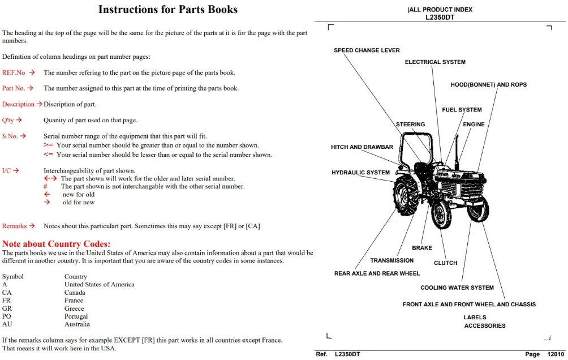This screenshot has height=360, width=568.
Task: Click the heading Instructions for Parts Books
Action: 168,10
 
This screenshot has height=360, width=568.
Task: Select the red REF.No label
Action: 14,72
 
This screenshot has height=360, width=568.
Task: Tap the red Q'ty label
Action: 8,121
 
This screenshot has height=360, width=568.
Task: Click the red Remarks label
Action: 15,226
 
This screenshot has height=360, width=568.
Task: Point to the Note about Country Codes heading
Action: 56,243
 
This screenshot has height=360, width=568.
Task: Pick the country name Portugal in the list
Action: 76,316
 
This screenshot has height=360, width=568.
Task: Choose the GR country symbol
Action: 7,308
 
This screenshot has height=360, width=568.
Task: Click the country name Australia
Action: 77,324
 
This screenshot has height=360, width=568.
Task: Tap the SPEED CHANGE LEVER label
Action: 367,50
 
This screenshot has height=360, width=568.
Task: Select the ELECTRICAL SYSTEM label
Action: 435,62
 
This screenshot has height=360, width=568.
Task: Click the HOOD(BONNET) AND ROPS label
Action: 489,84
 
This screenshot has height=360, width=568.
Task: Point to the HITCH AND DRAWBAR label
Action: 362,147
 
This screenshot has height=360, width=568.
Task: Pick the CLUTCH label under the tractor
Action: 446,263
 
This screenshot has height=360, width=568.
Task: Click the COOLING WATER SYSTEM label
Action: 457,288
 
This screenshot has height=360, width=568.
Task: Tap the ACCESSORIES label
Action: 485,325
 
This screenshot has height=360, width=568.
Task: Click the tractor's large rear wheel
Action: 406,196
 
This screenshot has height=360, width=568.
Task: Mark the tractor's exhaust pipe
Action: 457,151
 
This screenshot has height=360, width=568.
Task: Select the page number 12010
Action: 556,354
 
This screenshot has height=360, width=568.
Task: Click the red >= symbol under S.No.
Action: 48,145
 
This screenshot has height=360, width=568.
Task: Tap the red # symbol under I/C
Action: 45,186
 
